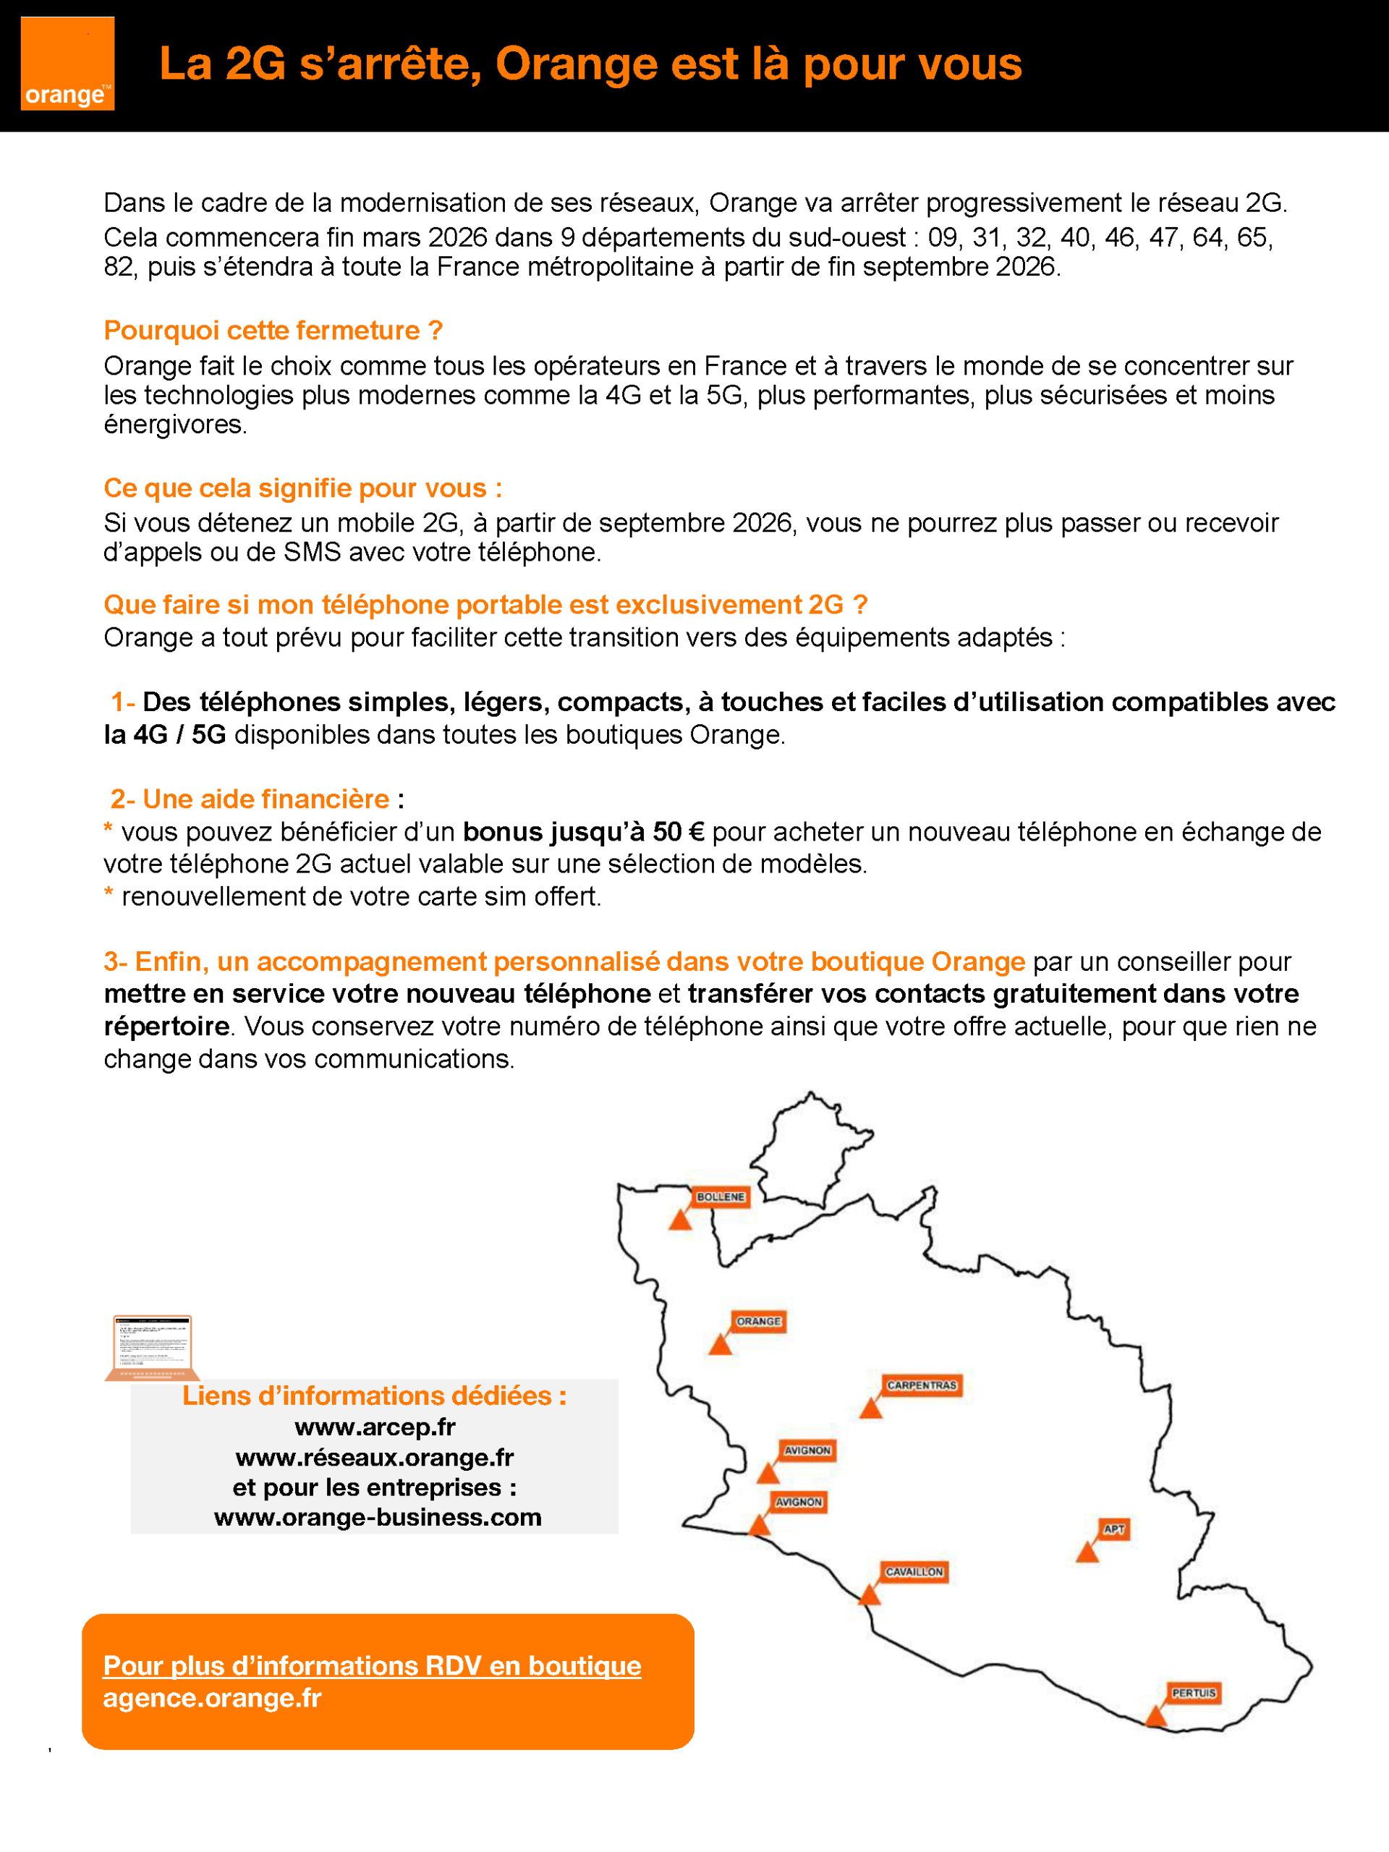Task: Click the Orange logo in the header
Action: point(67,64)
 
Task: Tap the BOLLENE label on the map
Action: point(720,1197)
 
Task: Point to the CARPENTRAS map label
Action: point(921,1385)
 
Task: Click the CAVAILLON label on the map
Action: point(914,1571)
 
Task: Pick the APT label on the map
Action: point(1113,1529)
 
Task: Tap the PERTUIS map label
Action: point(1193,1693)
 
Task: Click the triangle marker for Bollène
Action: point(680,1220)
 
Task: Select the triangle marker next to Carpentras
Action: point(871,1409)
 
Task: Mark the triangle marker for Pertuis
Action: point(1155,1717)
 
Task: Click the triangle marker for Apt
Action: point(1087,1553)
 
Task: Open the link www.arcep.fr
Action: point(374,1427)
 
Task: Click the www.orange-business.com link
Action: point(378,1517)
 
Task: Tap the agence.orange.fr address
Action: point(212,1698)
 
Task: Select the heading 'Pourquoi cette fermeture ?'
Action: point(273,331)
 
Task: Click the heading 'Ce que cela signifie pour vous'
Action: point(302,488)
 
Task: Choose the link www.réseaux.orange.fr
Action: point(374,1458)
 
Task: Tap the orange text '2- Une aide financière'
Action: point(250,799)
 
